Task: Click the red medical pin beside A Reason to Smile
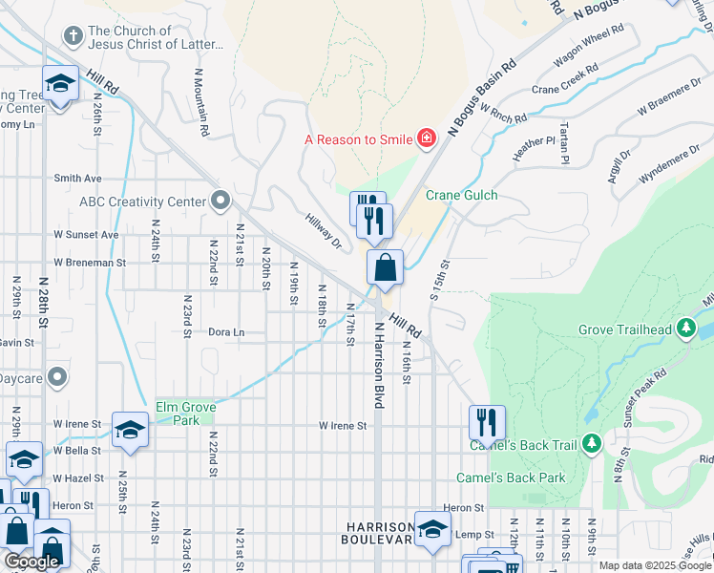426,139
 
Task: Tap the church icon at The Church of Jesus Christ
73,36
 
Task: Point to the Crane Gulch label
461,195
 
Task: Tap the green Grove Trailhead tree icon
684,330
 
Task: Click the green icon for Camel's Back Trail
591,444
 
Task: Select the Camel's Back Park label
510,477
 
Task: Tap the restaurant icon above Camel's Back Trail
487,421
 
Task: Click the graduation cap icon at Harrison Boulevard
432,531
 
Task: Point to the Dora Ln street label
226,332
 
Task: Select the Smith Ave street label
77,178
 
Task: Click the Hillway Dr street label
324,230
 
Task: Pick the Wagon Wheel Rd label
587,47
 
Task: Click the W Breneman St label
90,262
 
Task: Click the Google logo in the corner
31,562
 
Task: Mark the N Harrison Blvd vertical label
378,365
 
